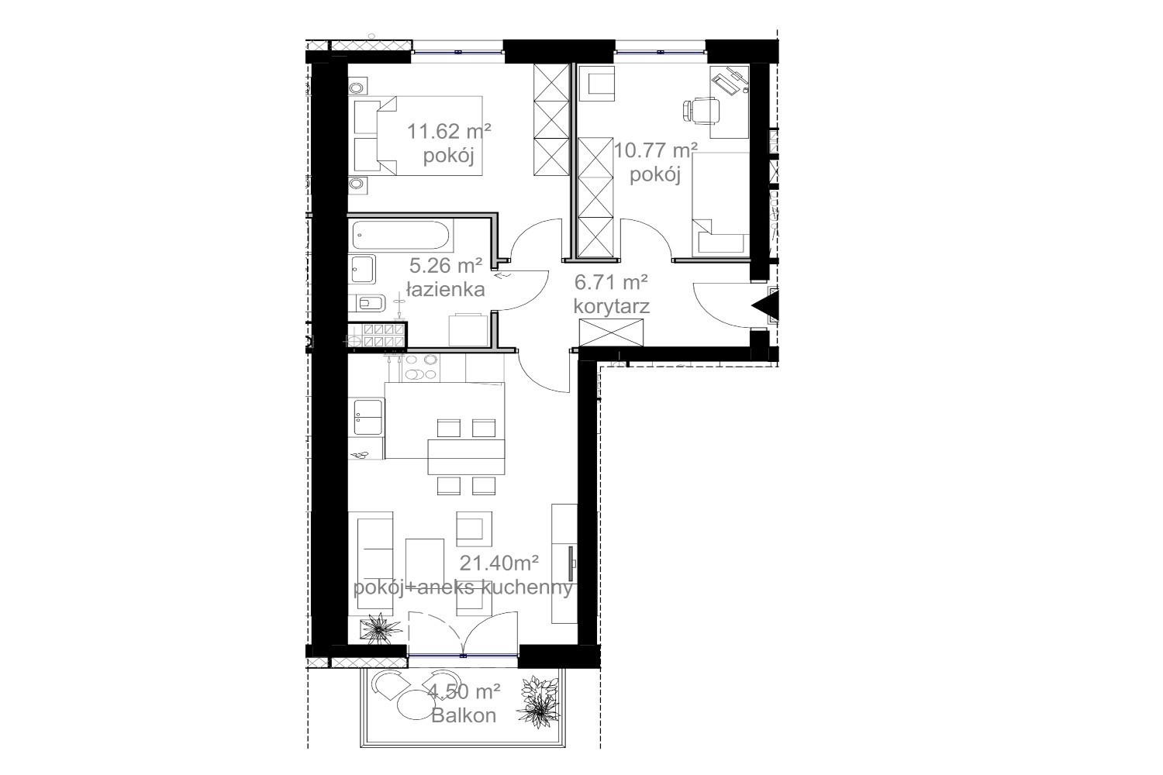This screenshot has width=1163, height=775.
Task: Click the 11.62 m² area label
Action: [449, 131]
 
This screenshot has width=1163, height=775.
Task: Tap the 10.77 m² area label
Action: [655, 150]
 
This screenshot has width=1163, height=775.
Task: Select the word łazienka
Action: [446, 290]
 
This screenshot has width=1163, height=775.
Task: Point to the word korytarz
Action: [611, 307]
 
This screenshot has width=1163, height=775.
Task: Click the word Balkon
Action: [464, 716]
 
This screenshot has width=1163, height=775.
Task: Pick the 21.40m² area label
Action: [499, 562]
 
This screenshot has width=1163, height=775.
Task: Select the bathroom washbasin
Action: [362, 269]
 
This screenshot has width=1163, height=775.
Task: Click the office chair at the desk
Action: [701, 111]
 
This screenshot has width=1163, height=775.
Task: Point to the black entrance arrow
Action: [766, 306]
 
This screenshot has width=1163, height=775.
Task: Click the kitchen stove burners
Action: [420, 367]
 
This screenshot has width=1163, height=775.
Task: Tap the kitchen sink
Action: [368, 417]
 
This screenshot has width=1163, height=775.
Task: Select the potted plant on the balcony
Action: [540, 701]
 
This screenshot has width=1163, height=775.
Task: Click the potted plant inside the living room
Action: [381, 629]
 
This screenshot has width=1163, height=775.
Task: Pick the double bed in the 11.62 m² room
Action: [418, 136]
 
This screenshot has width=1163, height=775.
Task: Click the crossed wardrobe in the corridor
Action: [611, 332]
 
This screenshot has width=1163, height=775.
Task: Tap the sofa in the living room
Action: [374, 563]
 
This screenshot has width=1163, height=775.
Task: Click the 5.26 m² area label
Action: [446, 266]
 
